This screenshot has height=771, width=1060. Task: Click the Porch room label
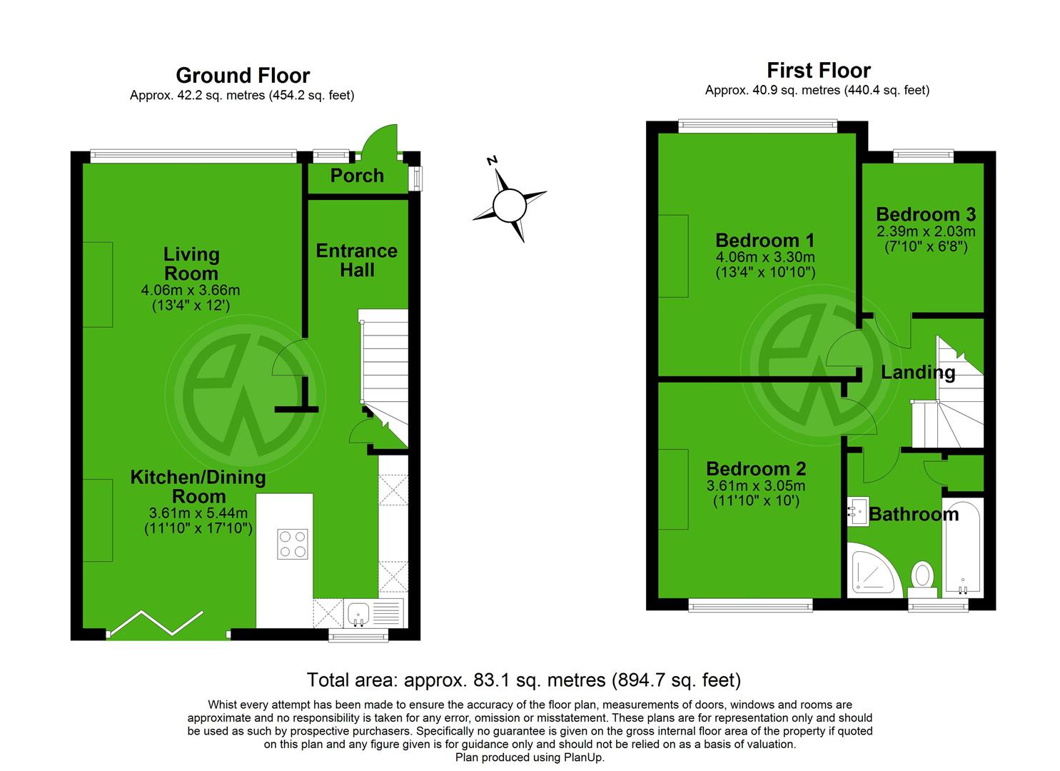pyautogui.click(x=357, y=176)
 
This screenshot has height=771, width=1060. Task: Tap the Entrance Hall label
pyautogui.click(x=357, y=260)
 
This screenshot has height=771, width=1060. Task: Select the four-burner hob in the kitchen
pyautogui.click(x=293, y=543)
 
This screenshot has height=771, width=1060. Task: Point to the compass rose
pyautogui.click(x=510, y=205)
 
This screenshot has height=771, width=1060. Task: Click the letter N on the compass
pyautogui.click(x=492, y=161)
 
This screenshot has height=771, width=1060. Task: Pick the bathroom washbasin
pyautogui.click(x=857, y=511)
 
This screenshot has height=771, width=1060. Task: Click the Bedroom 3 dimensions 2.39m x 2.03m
pyautogui.click(x=927, y=232)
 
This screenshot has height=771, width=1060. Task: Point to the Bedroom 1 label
pyautogui.click(x=764, y=240)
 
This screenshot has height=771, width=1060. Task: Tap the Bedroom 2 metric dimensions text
pyautogui.click(x=756, y=486)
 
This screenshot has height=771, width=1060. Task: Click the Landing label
pyautogui.click(x=917, y=372)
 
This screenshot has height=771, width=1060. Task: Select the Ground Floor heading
pyautogui.click(x=243, y=76)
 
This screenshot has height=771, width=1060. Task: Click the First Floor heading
pyautogui.click(x=818, y=71)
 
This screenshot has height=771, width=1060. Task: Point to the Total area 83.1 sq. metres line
pyautogui.click(x=523, y=680)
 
